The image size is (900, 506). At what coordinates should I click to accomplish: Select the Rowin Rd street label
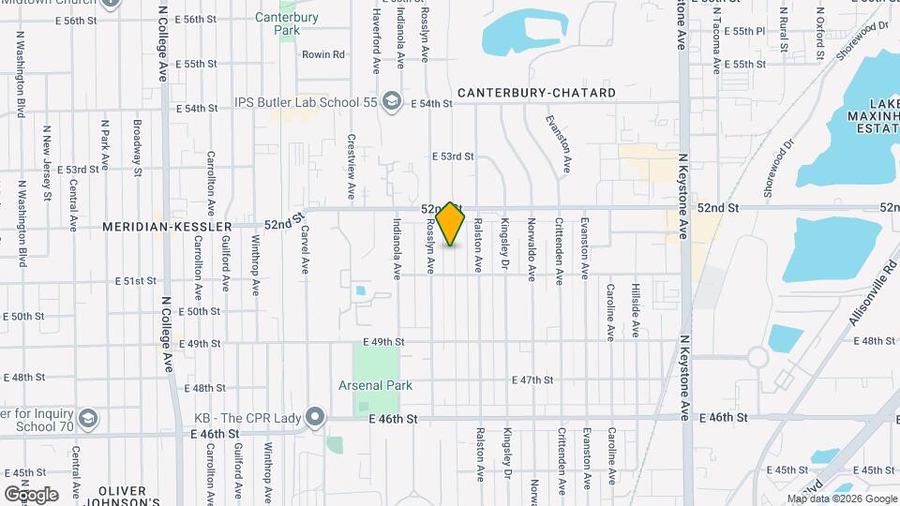click(x=323, y=54)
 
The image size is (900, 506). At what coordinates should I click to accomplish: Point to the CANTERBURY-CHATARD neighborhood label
click(x=537, y=93)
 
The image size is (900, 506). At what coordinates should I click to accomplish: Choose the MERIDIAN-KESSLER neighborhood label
click(x=182, y=227)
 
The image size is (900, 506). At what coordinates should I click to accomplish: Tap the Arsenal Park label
click(x=375, y=385)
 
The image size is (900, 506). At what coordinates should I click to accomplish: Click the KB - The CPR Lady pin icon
click(x=315, y=415)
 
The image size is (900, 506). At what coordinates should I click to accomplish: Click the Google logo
click(x=30, y=494)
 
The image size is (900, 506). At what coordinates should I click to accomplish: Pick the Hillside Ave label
click(x=635, y=310)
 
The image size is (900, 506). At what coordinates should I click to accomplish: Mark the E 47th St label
click(x=534, y=379)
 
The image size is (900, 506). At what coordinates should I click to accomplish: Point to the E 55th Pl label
click(x=749, y=31)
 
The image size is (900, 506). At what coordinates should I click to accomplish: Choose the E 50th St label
click(x=197, y=311)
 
